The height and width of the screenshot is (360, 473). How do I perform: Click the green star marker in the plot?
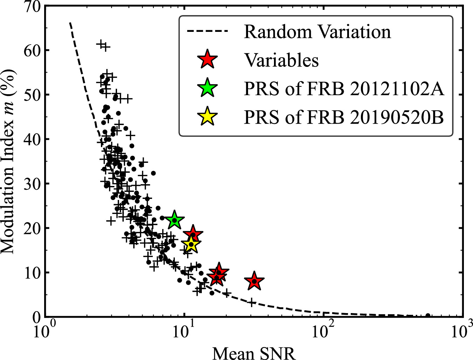174,220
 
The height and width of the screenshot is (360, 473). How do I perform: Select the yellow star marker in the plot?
191,244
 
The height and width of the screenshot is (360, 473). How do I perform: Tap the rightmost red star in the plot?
254,281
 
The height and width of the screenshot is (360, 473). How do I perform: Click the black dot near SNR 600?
427,316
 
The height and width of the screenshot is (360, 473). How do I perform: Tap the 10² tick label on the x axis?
323,331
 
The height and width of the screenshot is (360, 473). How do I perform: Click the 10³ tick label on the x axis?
462,331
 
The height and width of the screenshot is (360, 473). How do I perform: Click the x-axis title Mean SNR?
254,353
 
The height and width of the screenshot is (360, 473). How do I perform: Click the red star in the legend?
208,60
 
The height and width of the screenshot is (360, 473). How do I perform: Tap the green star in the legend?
208,89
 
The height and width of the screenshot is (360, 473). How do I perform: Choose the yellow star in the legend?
208,117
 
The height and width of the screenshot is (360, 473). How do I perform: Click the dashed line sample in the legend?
207,32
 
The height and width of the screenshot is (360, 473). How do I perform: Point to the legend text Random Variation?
317,32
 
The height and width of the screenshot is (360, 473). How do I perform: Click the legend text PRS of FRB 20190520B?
344,117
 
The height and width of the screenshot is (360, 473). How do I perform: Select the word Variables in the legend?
281,60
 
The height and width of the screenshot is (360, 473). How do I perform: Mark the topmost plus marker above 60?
101,44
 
